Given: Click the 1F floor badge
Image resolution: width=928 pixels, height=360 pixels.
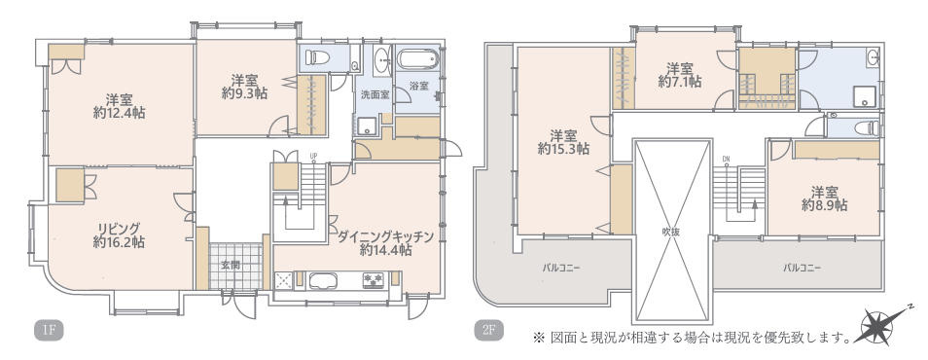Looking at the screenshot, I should click(49, 331).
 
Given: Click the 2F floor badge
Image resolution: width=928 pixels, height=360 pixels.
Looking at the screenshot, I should click(488, 331).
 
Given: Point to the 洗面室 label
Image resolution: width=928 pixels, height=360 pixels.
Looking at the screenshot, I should click(375, 95).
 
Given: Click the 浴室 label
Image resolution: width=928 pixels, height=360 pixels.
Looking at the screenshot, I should click(419, 86).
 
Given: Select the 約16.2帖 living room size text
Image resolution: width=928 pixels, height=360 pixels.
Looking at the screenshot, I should click(120, 242).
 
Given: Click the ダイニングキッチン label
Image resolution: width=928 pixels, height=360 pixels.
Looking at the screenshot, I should click(385, 234).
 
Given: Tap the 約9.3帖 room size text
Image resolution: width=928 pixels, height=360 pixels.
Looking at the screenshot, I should click(243, 94).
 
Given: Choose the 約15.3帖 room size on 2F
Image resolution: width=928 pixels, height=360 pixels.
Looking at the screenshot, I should click(563, 150).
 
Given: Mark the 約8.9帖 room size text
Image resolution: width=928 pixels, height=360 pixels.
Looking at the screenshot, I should click(823, 206).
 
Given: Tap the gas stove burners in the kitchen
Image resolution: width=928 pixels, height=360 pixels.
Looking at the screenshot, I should click(374, 280).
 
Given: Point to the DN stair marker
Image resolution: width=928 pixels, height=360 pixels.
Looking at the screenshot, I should click(726, 161).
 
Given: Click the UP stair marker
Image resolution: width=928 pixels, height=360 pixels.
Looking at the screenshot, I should click(313, 156).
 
